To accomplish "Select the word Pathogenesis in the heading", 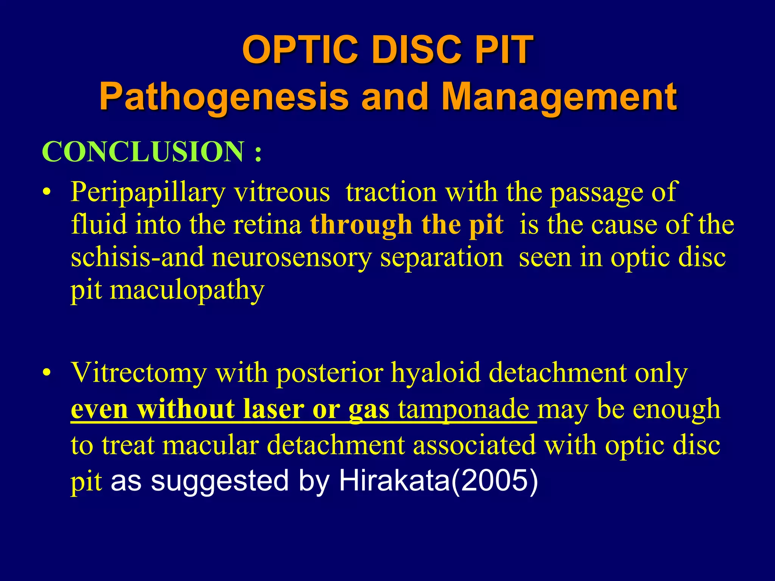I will tap(223, 96).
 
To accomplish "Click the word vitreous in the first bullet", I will tap(282, 192).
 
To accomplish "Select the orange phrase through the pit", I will tap(407, 225).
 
